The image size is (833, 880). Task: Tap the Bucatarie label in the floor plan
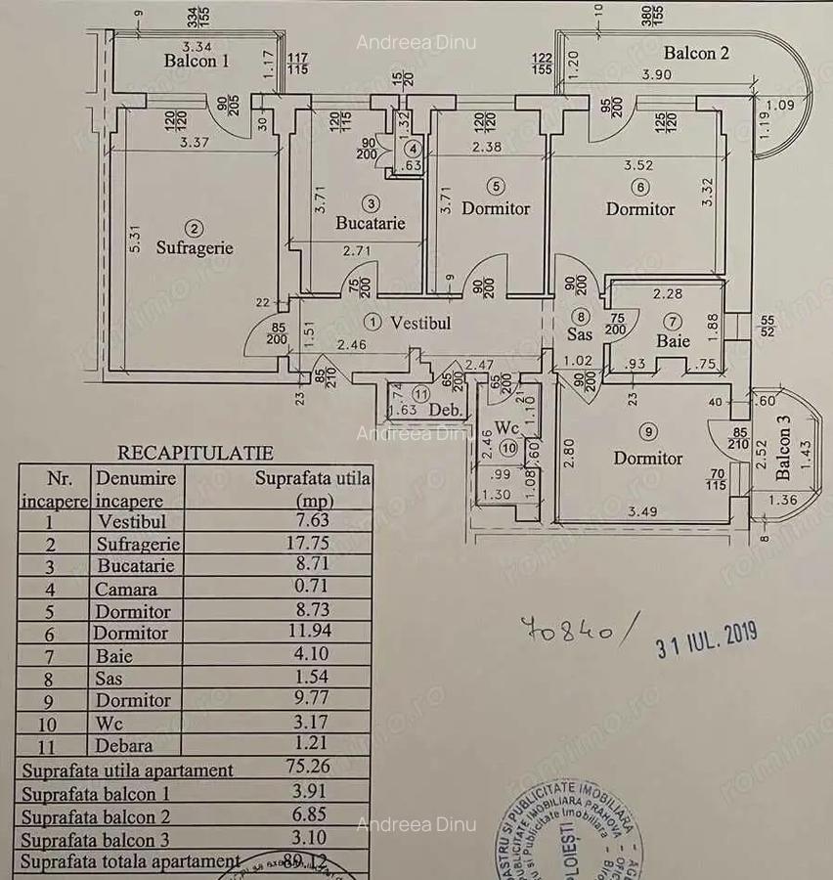(x=370, y=223)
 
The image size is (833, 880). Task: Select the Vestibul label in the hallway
(x=420, y=322)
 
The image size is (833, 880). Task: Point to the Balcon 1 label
(x=197, y=61)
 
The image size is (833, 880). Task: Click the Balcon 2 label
(x=696, y=53)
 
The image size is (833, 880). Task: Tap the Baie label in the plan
(x=674, y=340)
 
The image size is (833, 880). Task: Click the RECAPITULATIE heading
(x=196, y=453)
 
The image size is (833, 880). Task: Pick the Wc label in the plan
(x=506, y=428)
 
